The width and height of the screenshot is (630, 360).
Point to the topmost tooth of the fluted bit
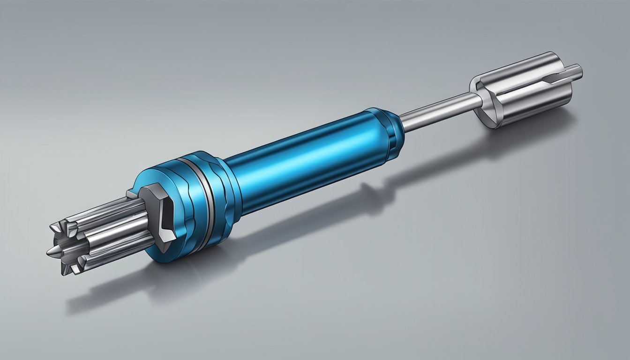[59, 227]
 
